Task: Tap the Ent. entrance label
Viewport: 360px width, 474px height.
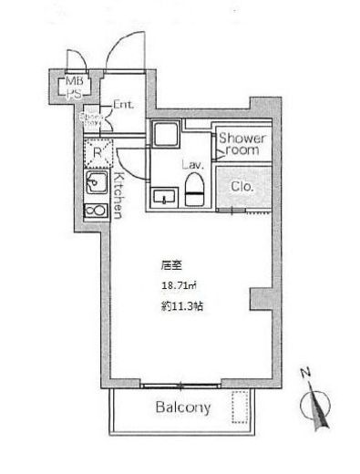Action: point(123,106)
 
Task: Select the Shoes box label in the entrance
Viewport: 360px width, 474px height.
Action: point(93,119)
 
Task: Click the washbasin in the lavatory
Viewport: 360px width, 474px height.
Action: point(165,196)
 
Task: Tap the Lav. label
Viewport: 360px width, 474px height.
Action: point(190,165)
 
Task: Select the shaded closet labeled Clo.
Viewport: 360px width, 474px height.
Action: point(242,188)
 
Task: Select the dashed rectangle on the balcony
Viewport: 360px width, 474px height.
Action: point(241,407)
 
